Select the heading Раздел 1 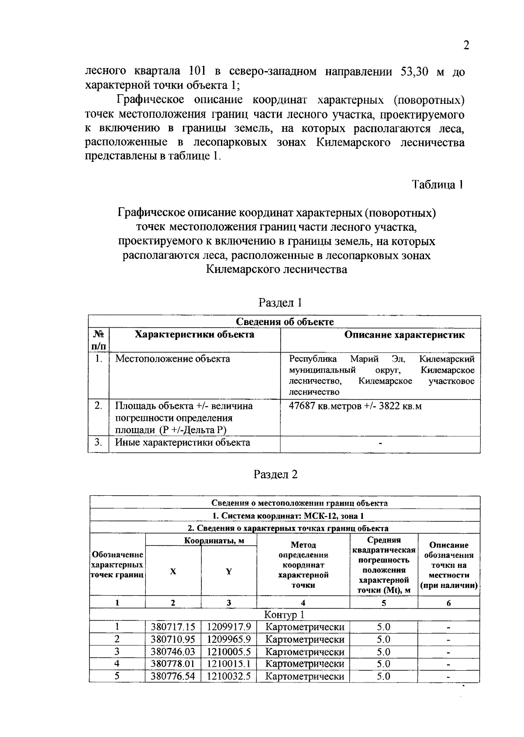[x=280, y=302]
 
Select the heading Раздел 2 [x=276, y=474]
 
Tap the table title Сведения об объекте [x=285, y=322]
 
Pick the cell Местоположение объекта [x=172, y=359]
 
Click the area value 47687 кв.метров [x=325, y=406]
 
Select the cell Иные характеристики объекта [x=183, y=443]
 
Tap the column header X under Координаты [x=173, y=572]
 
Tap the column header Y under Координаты [x=229, y=572]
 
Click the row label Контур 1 [x=284, y=615]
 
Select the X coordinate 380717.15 [x=173, y=627]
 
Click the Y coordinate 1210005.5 [x=229, y=652]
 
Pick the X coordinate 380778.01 [x=173, y=664]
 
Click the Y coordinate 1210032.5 [x=229, y=676]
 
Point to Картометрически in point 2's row [x=305, y=640]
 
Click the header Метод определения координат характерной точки [x=303, y=565]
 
